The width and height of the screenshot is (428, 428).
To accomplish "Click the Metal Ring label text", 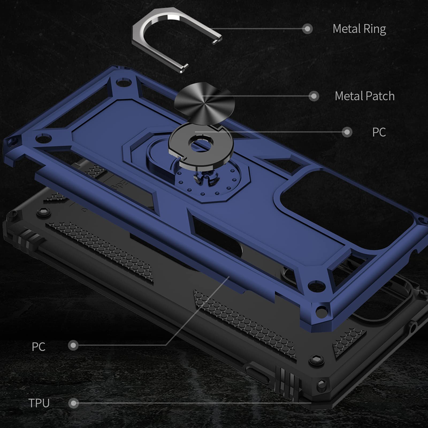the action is tap(359, 29).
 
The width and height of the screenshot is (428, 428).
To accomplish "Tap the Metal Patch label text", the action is tap(365, 96).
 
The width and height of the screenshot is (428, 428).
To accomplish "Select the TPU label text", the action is tap(39, 403).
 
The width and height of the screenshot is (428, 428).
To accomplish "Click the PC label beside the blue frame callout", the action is tap(39, 347).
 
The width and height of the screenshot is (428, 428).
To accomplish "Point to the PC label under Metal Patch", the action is tap(379, 132).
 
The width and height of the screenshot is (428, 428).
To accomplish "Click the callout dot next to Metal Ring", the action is tap(307, 29).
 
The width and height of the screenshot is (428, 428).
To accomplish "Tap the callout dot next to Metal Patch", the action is tap(314, 96).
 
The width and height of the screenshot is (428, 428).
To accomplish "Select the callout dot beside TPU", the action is tap(73, 403).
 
